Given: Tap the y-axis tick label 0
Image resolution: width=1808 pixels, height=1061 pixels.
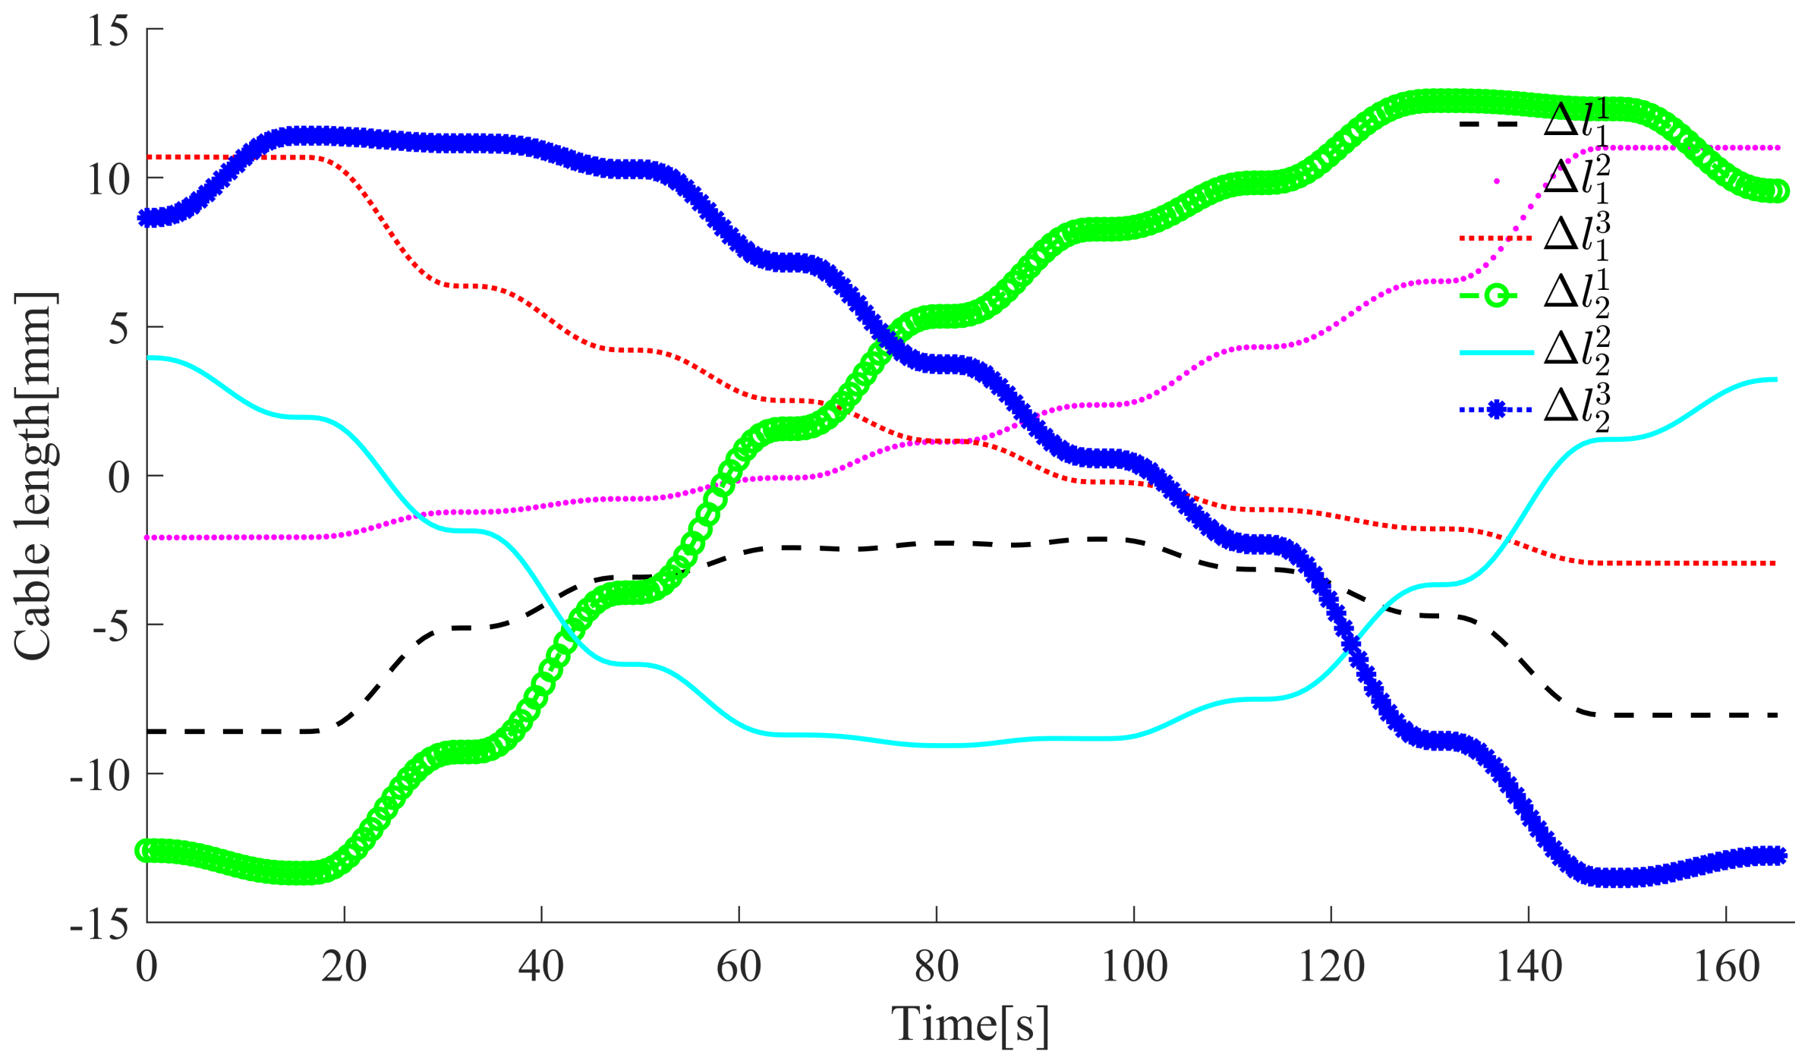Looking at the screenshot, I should point(118,478).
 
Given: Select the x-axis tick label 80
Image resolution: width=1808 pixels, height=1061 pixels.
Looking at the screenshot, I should point(936,968).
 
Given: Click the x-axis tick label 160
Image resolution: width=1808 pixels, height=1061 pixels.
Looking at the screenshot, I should point(1726,968).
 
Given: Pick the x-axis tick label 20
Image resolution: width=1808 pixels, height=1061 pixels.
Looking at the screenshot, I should point(344,968).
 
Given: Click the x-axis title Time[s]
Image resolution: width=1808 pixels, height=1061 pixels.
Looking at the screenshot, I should point(970,1025).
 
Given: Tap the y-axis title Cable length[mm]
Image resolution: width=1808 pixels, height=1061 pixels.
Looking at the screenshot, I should point(34,477).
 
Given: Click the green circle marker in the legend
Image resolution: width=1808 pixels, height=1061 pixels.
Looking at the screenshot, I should point(1495,294).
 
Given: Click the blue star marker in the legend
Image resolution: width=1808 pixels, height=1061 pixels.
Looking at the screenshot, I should point(1495,410).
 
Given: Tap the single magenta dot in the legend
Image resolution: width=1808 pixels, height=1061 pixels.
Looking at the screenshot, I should point(1496,181).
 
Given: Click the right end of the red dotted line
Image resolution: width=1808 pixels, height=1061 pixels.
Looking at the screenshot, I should point(1775,564).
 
